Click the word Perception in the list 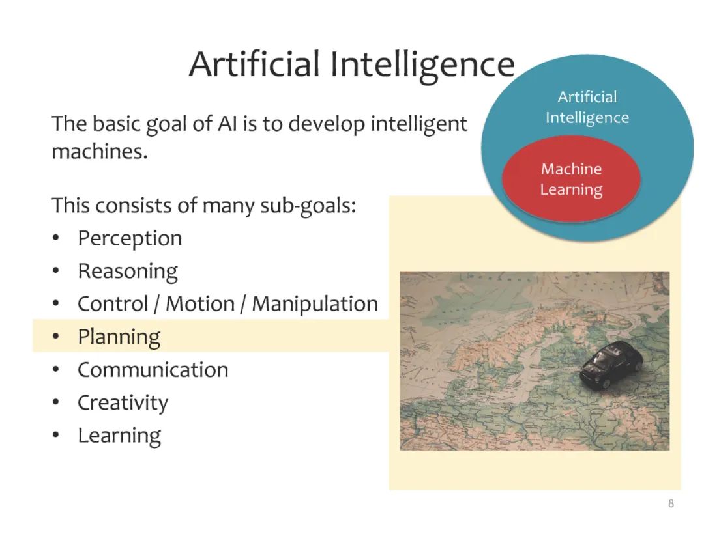tap(130, 238)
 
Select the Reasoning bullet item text tap(128, 271)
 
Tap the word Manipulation tap(315, 304)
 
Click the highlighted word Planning tap(119, 337)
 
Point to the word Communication tap(153, 370)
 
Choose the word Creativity tap(123, 402)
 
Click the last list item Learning tap(119, 436)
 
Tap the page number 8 tap(671, 503)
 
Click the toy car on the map tap(611, 364)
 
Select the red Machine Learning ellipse tap(571, 179)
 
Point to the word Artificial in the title tap(254, 64)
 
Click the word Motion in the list tap(200, 304)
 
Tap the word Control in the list tap(113, 304)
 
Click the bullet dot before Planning tap(55, 337)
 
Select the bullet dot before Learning tap(55, 435)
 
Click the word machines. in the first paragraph tap(100, 152)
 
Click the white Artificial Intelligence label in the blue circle tap(587, 107)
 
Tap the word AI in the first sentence tap(227, 124)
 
